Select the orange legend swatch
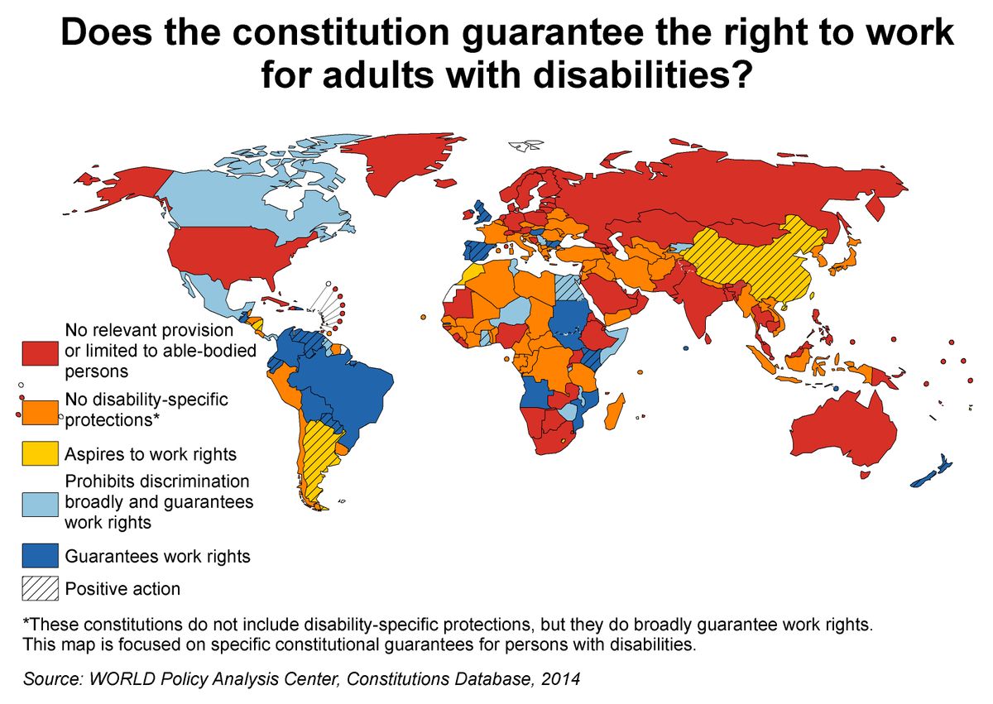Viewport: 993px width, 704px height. (41, 410)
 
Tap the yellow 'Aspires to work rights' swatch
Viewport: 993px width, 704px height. (41, 454)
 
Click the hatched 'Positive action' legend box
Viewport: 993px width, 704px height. (41, 589)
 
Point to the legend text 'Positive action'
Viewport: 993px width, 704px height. (122, 589)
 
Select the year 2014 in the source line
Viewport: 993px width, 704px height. (563, 680)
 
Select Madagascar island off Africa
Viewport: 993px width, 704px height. (616, 410)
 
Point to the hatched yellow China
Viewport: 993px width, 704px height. (753, 261)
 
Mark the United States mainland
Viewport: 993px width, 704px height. (240, 248)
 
